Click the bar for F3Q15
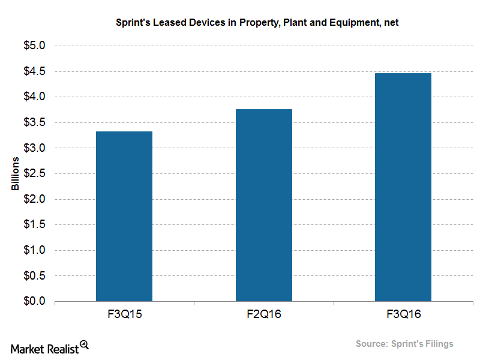124,216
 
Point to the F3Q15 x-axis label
124,314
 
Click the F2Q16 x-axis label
263,314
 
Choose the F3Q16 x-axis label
403,314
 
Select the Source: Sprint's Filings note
404,344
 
